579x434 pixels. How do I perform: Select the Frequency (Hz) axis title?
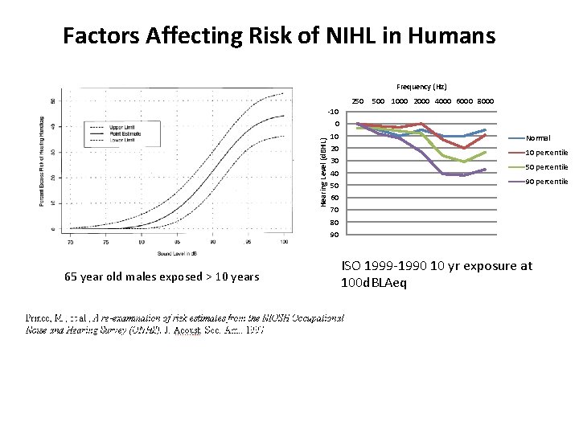[x=421, y=86]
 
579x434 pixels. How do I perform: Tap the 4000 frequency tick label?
[x=442, y=101]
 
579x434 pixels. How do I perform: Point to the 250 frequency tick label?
[x=358, y=101]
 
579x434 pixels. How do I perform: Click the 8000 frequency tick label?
[x=484, y=101]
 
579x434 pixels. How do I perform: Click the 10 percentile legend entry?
[x=546, y=153]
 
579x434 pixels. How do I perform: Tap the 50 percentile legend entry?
[x=546, y=167]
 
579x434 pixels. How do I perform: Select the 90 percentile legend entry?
[x=546, y=182]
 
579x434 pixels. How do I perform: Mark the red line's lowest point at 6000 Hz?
[x=464, y=148]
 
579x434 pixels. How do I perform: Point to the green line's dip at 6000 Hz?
[x=464, y=162]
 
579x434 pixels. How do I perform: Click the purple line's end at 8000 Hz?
[x=485, y=170]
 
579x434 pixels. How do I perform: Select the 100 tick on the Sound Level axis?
[x=286, y=240]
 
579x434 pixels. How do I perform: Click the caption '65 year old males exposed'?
[x=162, y=277]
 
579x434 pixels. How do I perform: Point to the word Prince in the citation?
[x=40, y=317]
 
